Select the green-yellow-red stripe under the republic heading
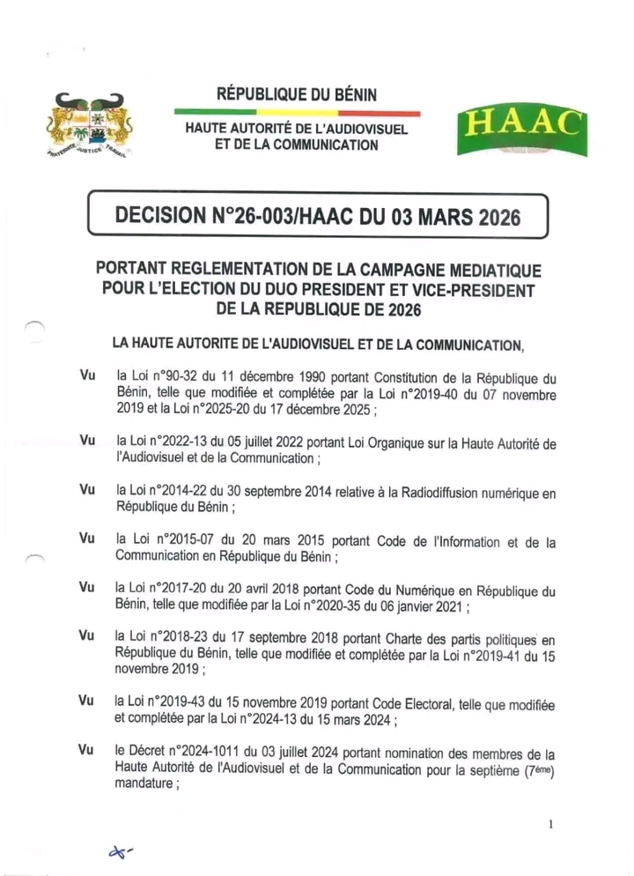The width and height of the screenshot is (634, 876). coord(297,112)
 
